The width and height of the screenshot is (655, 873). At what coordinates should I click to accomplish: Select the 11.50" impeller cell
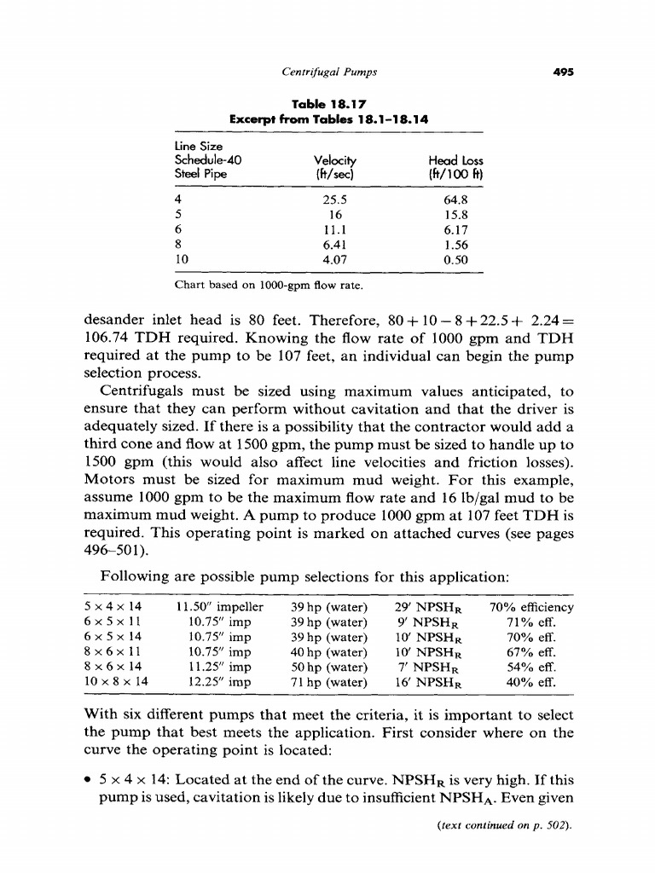pos(219,607)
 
